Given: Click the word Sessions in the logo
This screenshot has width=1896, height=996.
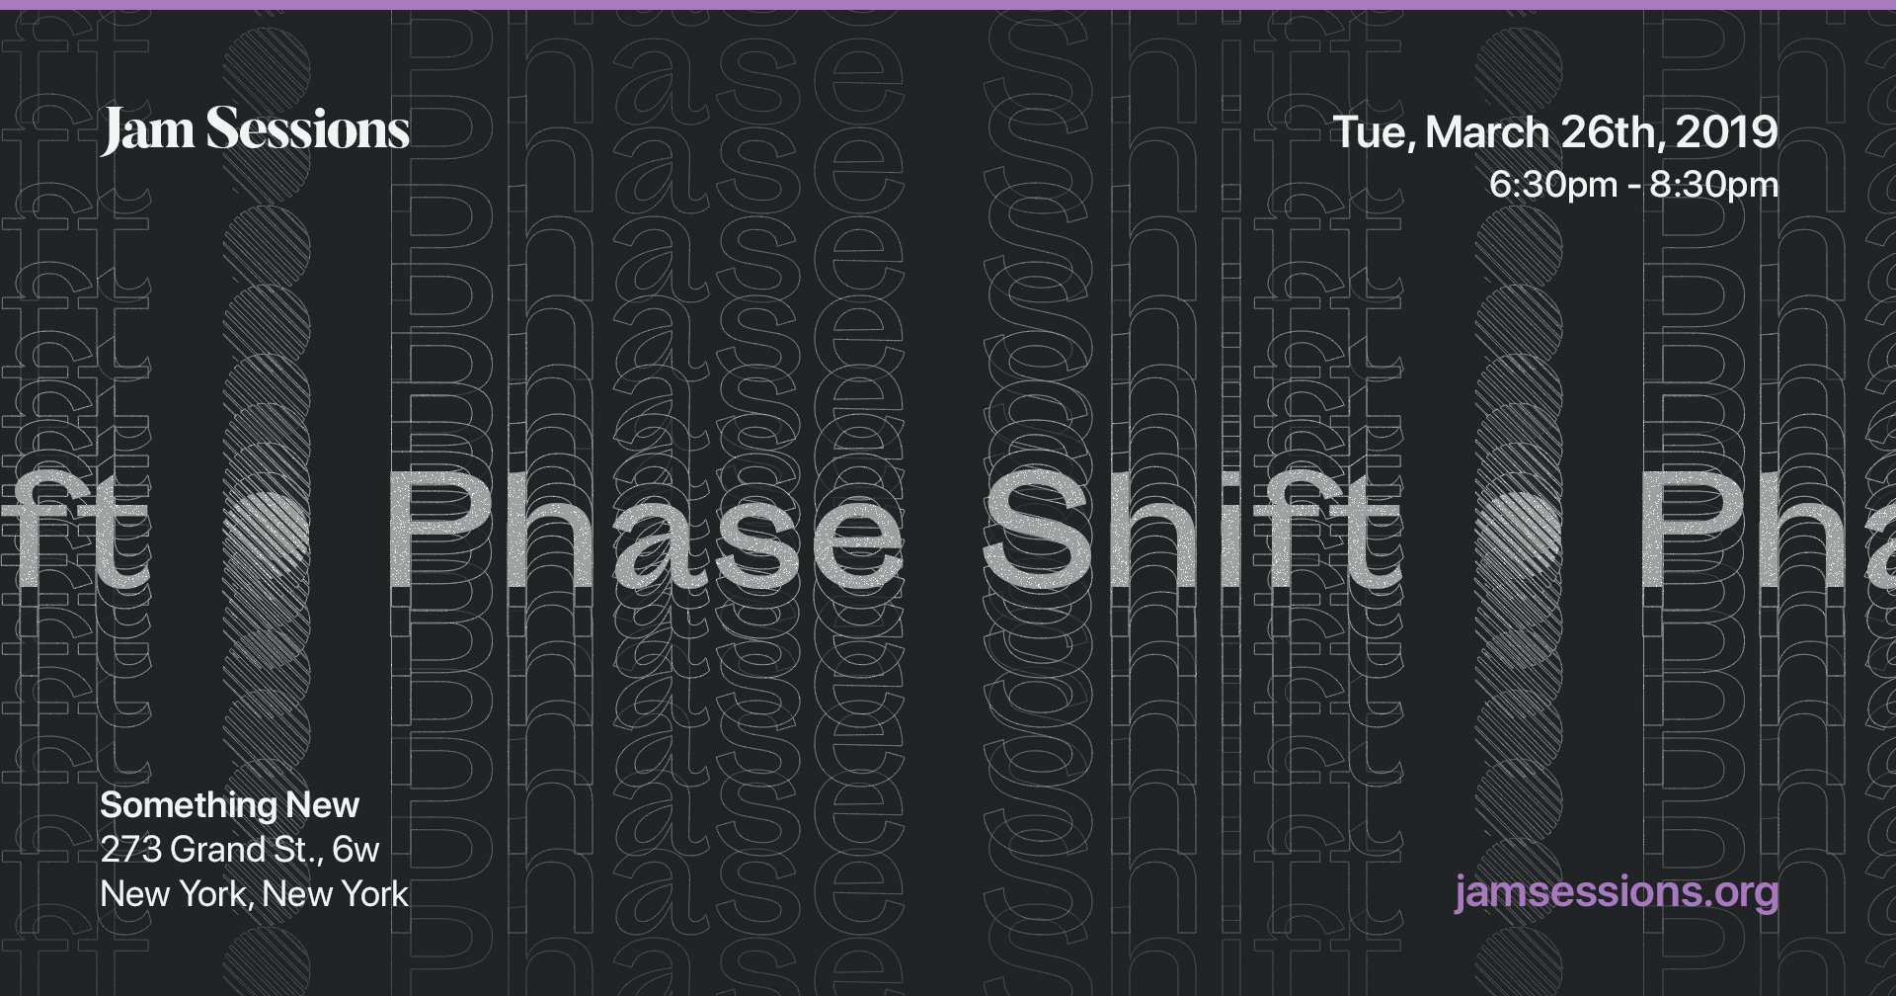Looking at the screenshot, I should coord(307,130).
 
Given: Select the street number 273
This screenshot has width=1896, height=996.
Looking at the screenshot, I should coord(130,850).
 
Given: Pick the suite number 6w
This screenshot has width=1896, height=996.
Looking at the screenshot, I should coord(355,850).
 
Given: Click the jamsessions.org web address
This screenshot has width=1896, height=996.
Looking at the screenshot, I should coord(1617,892).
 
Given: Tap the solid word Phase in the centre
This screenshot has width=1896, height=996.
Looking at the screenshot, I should coord(647,529).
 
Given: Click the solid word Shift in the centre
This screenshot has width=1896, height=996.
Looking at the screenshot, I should coord(1190,529).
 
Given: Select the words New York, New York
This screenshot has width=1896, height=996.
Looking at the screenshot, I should coord(254,894).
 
